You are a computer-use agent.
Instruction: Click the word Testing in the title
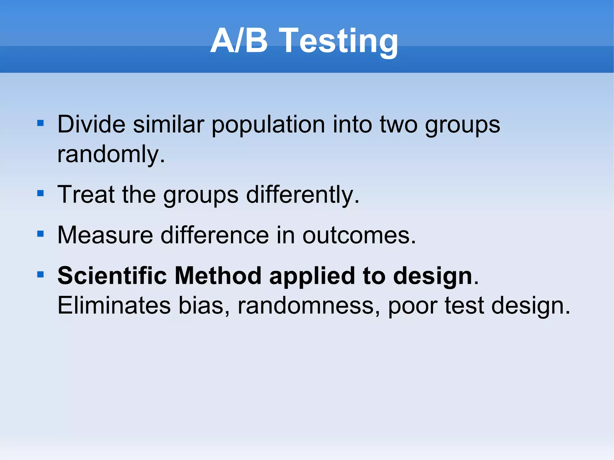point(340,41)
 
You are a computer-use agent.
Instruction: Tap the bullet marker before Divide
point(40,123)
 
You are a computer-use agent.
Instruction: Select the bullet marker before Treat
point(40,193)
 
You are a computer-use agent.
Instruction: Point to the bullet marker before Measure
point(40,234)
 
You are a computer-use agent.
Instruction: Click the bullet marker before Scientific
point(40,274)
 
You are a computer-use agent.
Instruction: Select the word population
point(268,125)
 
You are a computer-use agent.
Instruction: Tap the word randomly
point(111,155)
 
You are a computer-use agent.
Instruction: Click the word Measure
point(105,235)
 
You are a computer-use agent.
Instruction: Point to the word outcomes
point(359,235)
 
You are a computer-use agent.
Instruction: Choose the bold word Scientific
point(112,275)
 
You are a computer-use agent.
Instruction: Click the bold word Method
point(218,275)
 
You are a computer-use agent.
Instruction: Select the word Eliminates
point(114,305)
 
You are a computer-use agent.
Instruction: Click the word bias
point(204,305)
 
